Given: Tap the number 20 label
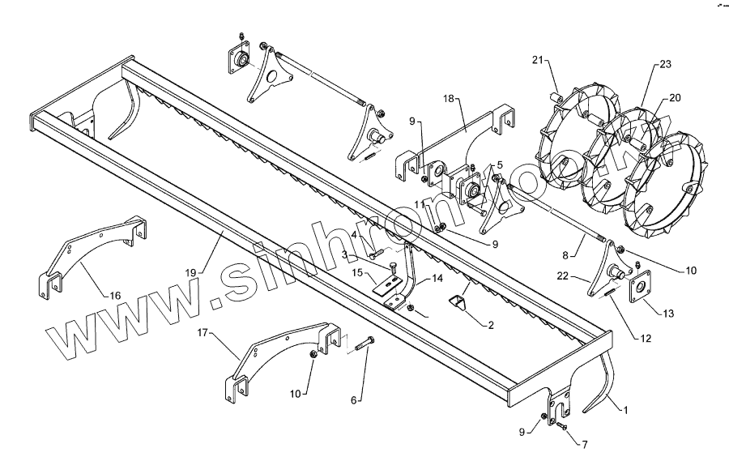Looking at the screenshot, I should tap(674, 98).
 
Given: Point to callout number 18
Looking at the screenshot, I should tap(450, 98).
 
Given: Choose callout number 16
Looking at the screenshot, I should tap(115, 297).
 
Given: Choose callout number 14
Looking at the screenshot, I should tap(438, 279).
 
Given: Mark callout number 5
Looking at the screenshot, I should tap(500, 164).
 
